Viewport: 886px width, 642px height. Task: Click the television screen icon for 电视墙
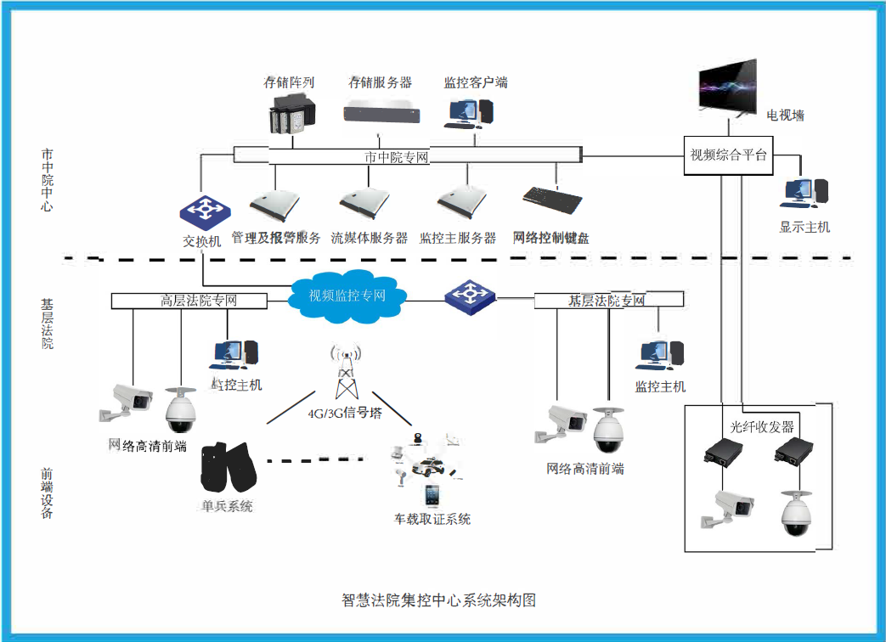click(726, 87)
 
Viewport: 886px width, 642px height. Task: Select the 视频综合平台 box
click(728, 155)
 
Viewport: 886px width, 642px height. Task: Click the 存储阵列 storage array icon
click(291, 115)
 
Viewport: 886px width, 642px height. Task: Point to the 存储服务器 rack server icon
click(381, 110)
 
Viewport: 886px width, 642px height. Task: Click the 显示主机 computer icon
click(804, 194)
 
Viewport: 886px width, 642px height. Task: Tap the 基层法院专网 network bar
click(607, 301)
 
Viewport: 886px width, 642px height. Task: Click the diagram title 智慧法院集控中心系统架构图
click(438, 600)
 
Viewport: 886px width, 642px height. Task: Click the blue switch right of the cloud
click(470, 295)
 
